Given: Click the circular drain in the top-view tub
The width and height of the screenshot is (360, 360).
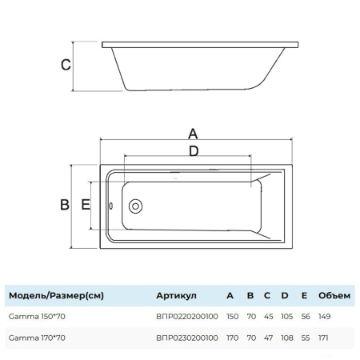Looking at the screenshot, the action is pos(135,206).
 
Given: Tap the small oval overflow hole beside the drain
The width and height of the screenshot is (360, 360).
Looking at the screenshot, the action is pos(111,206).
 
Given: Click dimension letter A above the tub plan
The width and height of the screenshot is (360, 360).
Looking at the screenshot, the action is pos(193,134).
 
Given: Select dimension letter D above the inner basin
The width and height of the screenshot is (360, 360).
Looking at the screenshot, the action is pos(194,151).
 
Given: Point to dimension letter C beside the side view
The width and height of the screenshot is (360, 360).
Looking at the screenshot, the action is pos(66,65).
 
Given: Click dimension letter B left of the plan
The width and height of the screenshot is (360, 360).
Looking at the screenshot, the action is pos(65,205).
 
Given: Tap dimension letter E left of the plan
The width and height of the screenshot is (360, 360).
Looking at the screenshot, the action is pos(86,205).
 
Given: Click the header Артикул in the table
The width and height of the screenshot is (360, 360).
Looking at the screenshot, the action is pos(176,295).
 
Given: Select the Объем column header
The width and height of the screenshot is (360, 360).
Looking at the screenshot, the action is pos(334,295).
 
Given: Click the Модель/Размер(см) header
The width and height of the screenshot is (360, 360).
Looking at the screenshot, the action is pos(56,296).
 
